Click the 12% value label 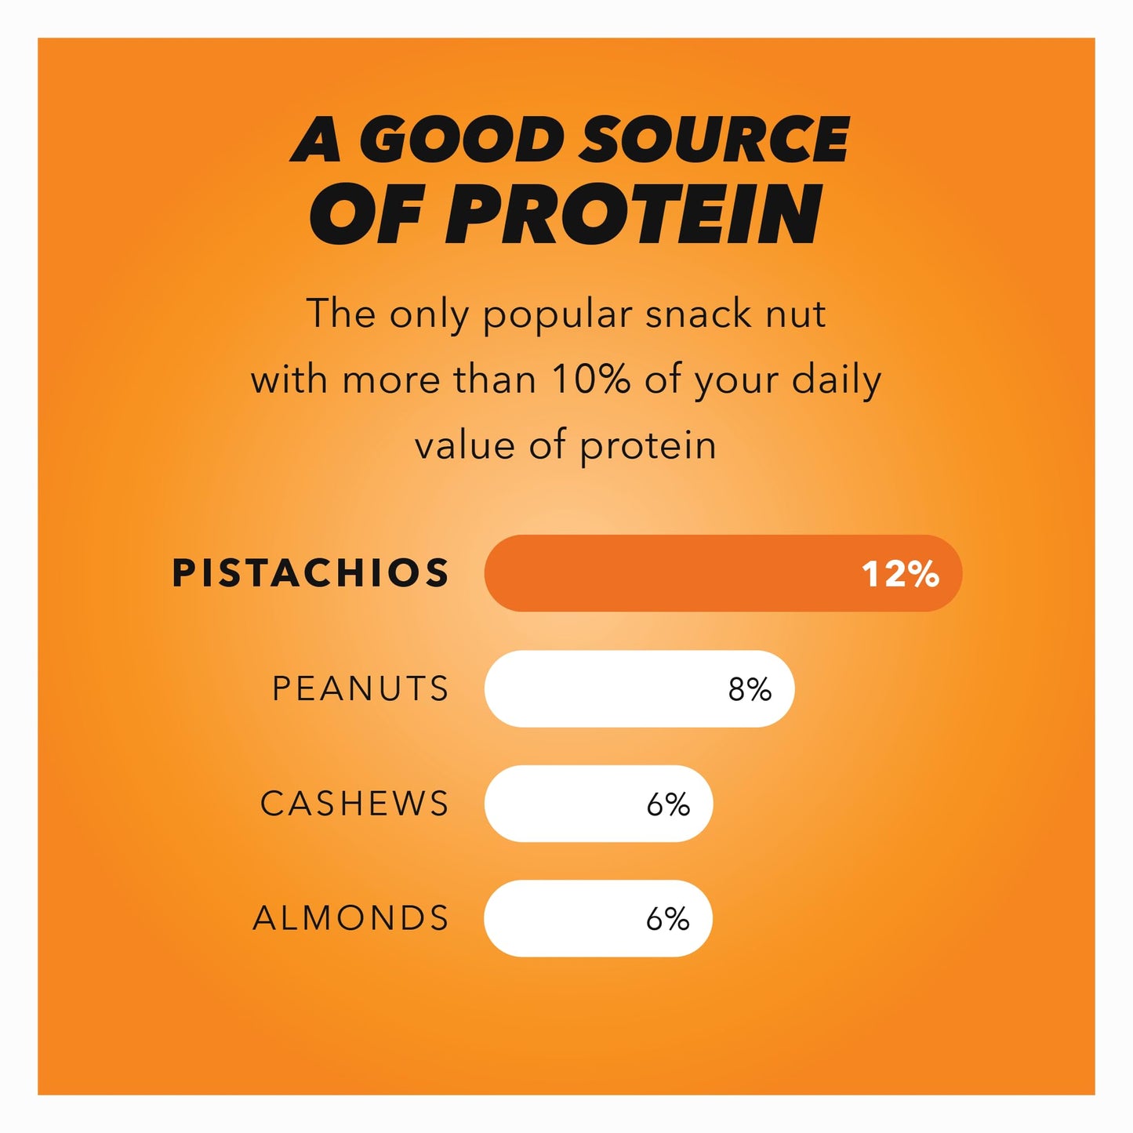(x=900, y=574)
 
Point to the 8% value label (x=750, y=689)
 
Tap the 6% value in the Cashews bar (x=668, y=804)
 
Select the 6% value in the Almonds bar (x=667, y=919)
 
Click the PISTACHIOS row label (x=310, y=573)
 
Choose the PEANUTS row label (x=361, y=688)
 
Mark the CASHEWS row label (x=354, y=804)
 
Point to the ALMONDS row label (x=350, y=918)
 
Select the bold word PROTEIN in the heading (x=636, y=214)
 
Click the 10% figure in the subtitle (x=591, y=379)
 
